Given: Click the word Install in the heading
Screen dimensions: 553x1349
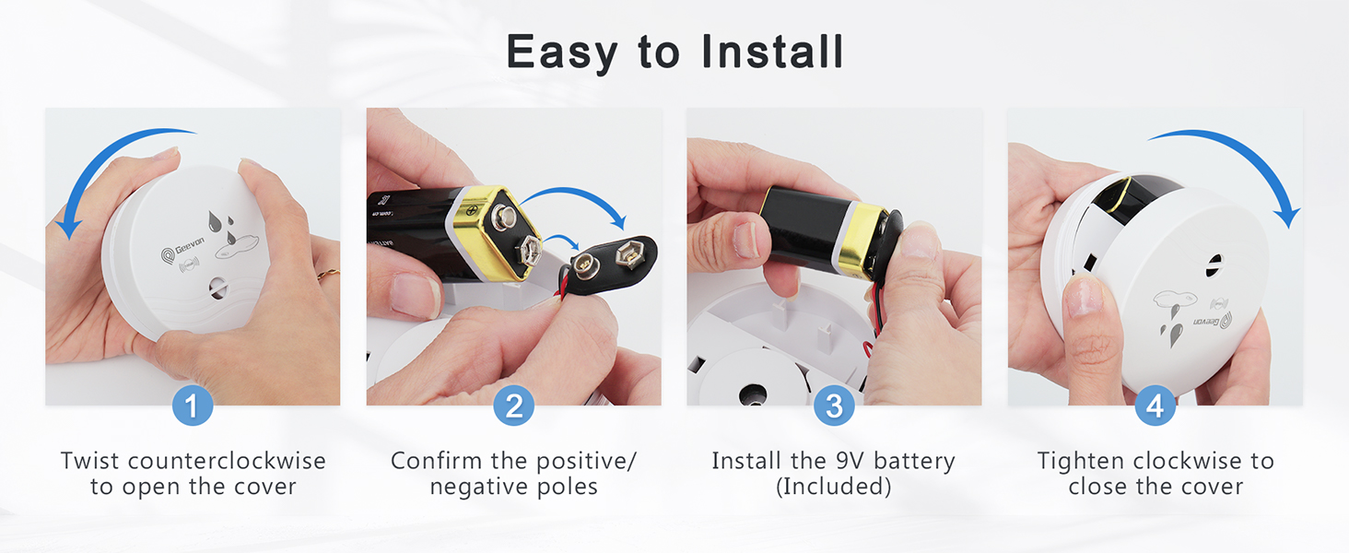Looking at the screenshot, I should coord(772,52).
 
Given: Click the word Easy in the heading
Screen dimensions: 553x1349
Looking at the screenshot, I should coord(562,52).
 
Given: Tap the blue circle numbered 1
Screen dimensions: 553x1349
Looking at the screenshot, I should coord(193,406).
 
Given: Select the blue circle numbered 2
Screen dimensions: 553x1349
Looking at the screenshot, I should coord(513,406).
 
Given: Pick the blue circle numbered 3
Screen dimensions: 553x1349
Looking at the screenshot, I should coord(834,406).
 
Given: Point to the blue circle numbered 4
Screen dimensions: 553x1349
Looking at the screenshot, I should coord(1155,406).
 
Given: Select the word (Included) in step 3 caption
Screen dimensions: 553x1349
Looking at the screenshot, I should coord(834,487).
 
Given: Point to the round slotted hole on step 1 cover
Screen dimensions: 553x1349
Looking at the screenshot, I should coord(217,288).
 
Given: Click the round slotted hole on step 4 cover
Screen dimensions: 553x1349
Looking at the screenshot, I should coord(1214,261).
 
